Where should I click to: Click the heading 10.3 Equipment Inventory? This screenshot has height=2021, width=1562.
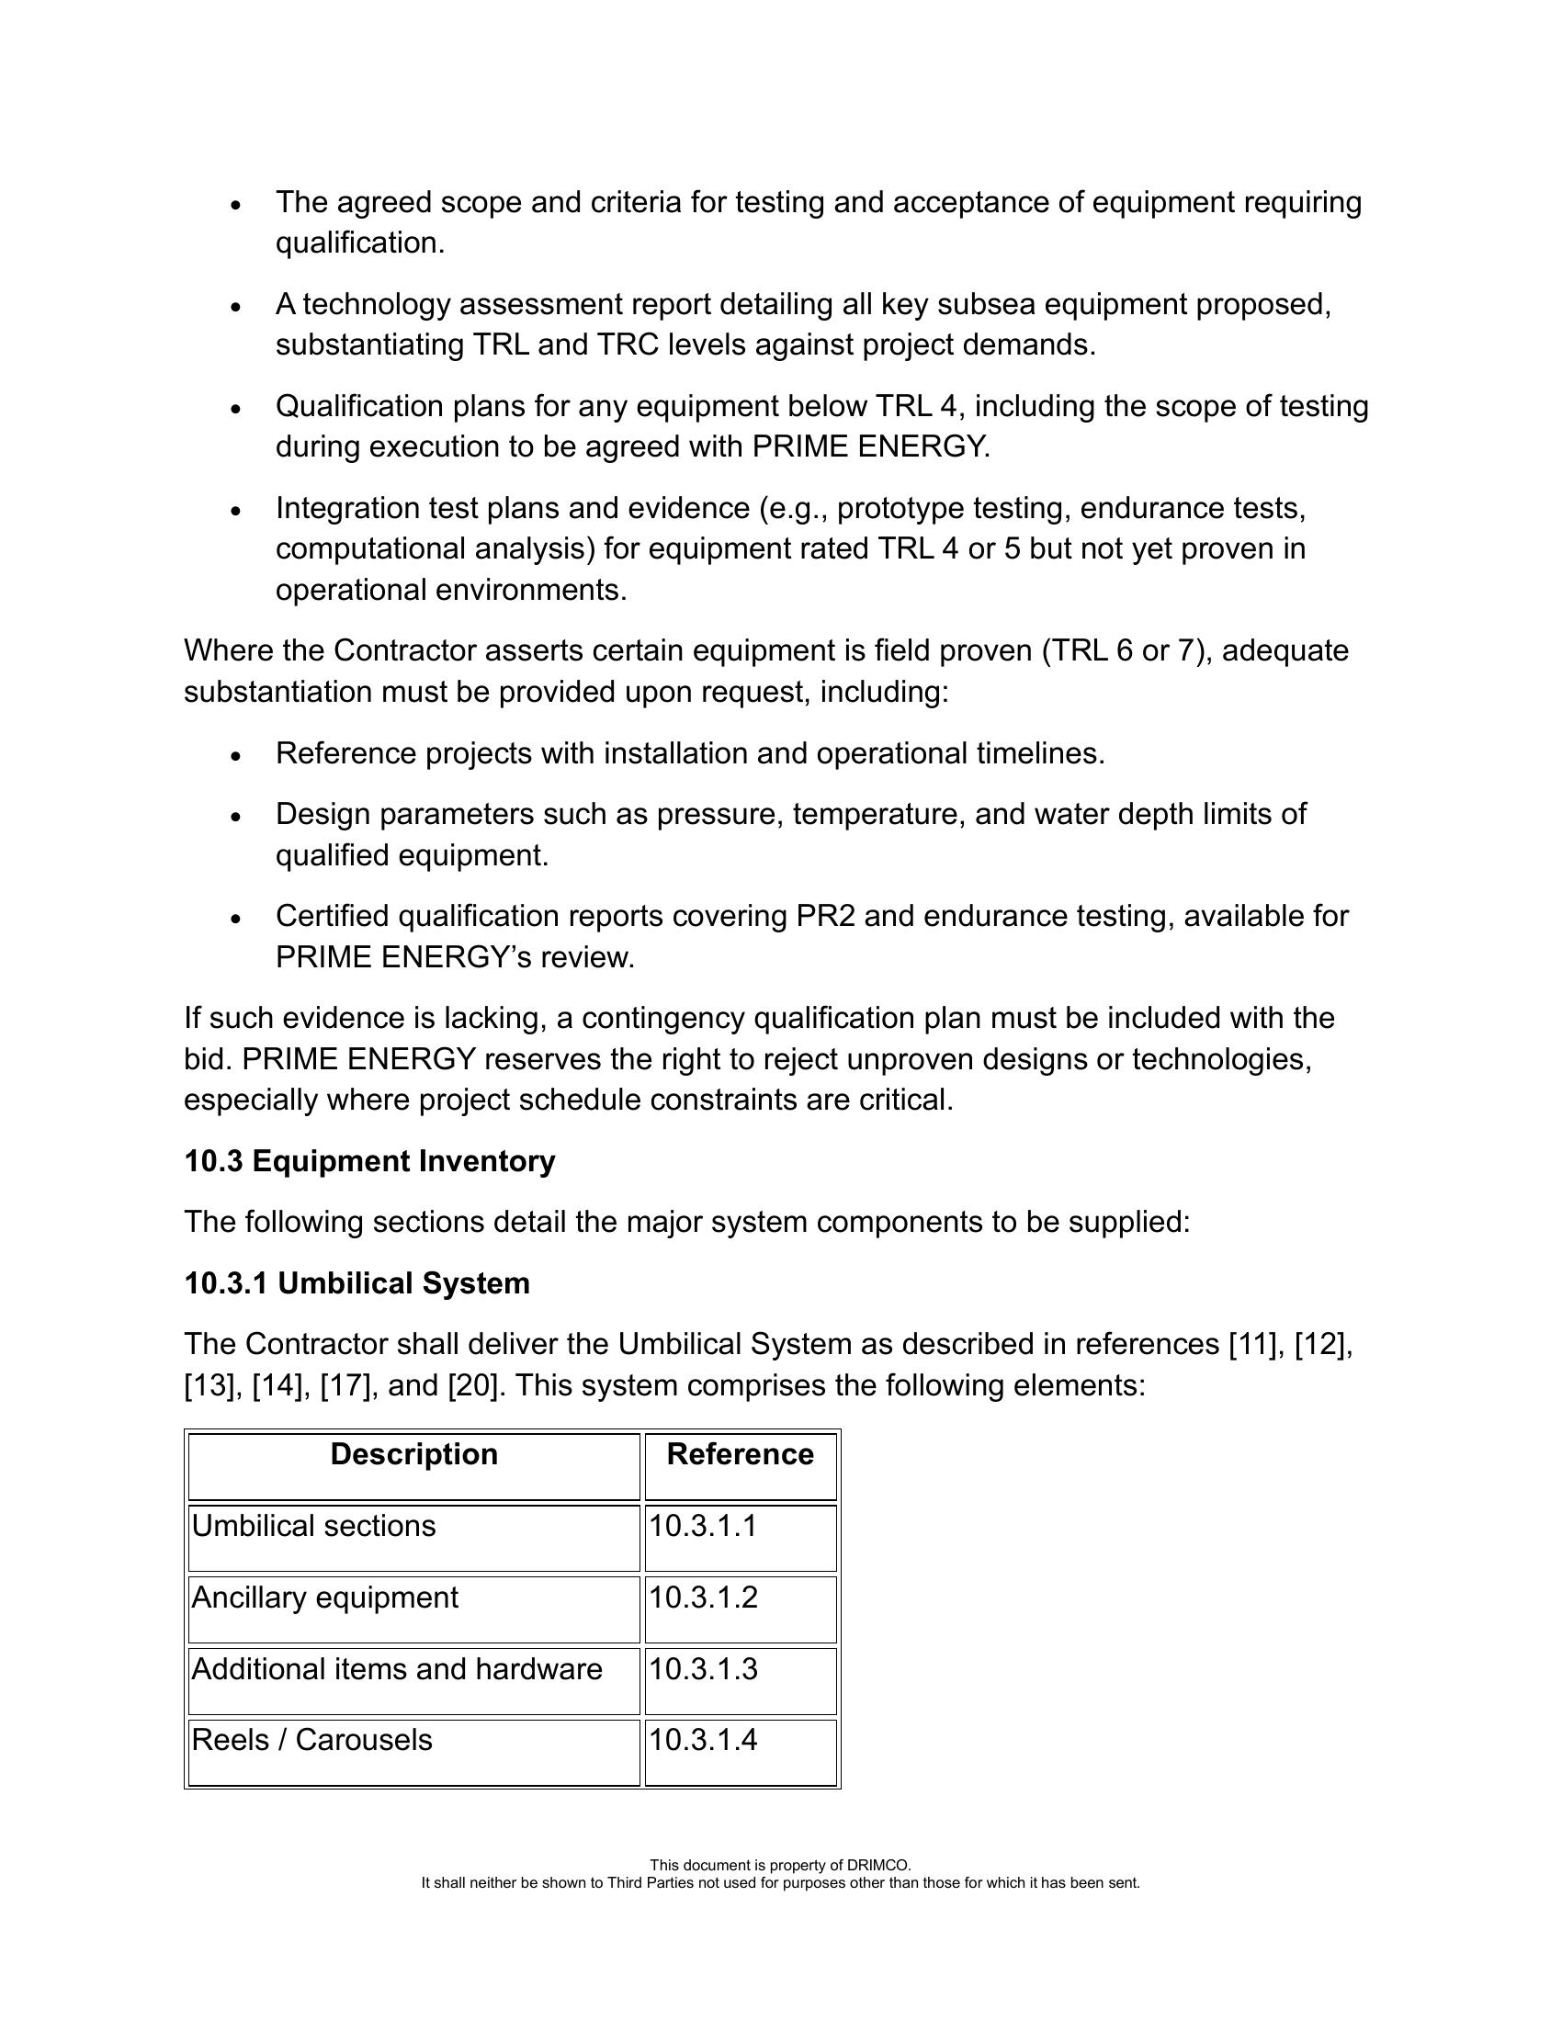pyautogui.click(x=369, y=1161)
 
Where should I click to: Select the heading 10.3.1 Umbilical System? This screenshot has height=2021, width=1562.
pyautogui.click(x=357, y=1283)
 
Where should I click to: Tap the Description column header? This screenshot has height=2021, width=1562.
pyautogui.click(x=413, y=1455)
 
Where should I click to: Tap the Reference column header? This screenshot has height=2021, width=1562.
pyautogui.click(x=740, y=1455)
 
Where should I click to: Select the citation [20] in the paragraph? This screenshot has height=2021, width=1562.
pyautogui.click(x=476, y=1386)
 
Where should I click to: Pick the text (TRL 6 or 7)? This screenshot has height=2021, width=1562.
pyautogui.click(x=1126, y=651)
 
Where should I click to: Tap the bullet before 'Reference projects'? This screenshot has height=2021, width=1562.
pyautogui.click(x=237, y=756)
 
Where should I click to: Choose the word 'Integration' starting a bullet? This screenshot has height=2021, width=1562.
pyautogui.click(x=348, y=509)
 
